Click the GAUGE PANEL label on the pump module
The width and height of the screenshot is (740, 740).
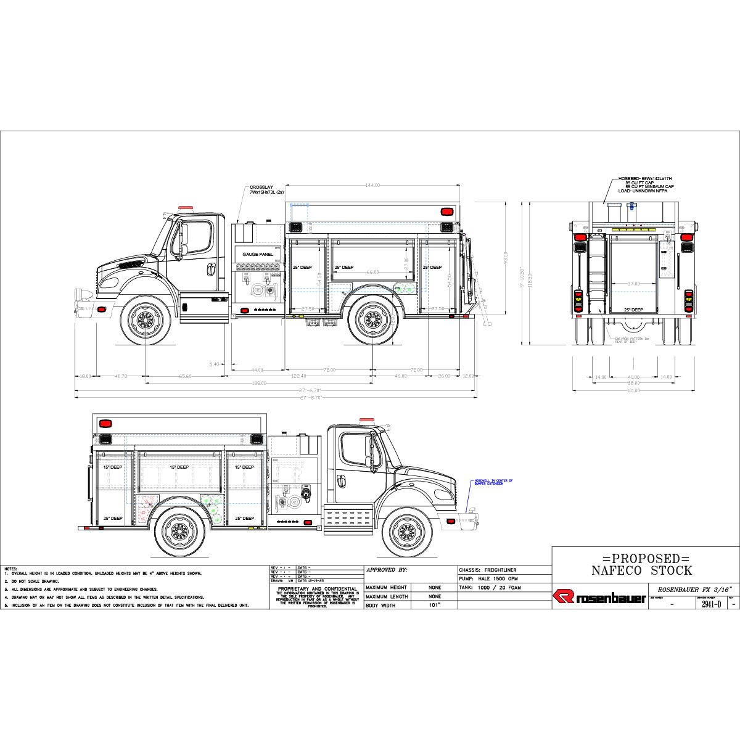pos(258,254)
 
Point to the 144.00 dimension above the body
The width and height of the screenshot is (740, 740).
pos(372,185)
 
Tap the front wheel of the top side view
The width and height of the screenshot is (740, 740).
pos(146,319)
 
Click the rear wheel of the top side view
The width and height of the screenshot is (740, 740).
pos(372,319)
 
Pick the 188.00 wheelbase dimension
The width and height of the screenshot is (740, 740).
pos(259,383)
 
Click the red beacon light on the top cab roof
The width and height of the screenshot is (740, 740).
pos(186,208)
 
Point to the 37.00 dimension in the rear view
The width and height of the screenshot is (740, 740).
pos(633,284)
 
